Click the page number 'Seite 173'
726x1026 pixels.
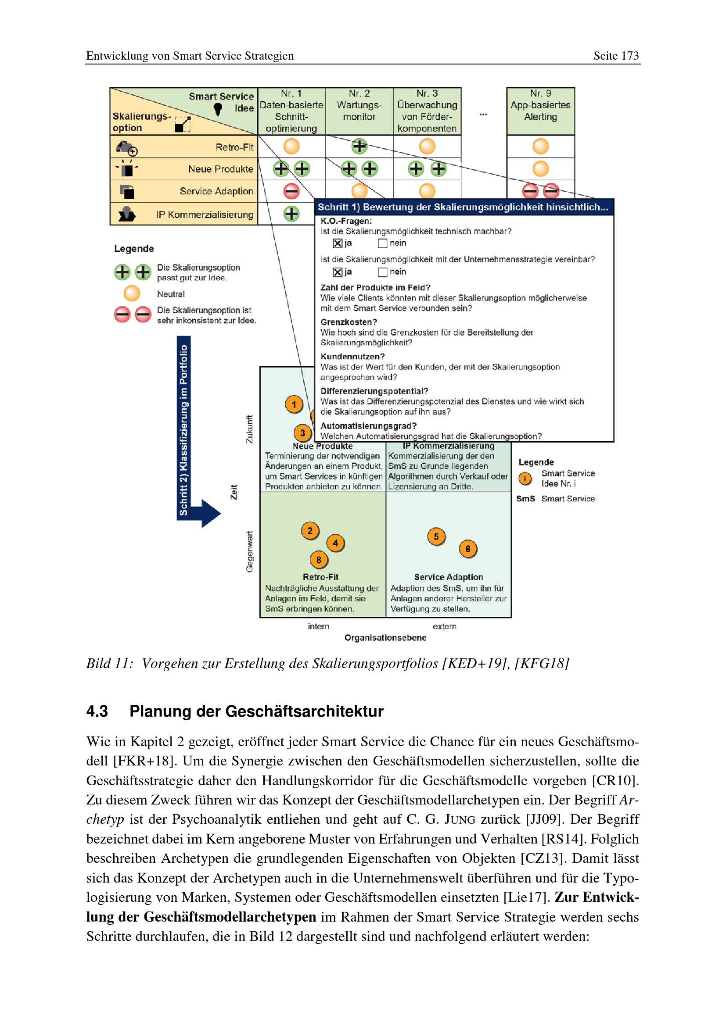point(615,56)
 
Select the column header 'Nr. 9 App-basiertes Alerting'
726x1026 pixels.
point(540,105)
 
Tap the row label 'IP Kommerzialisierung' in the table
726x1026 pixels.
point(204,215)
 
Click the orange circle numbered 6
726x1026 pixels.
point(467,549)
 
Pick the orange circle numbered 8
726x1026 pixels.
point(318,559)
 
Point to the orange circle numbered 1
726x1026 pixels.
point(294,404)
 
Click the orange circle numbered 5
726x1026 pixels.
point(436,536)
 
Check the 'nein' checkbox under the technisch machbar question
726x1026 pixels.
point(382,243)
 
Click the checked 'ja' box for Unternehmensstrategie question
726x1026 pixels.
point(338,272)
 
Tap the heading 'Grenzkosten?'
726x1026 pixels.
point(349,322)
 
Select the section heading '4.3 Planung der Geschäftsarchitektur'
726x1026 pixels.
point(235,711)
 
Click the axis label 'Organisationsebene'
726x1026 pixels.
point(385,638)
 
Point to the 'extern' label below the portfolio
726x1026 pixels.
point(444,626)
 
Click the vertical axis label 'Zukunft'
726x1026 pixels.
point(249,429)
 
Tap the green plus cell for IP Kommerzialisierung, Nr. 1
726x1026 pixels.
point(291,214)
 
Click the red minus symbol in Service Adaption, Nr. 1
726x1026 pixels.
point(291,192)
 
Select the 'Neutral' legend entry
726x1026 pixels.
point(170,294)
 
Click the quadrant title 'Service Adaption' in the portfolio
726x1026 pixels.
point(449,577)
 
